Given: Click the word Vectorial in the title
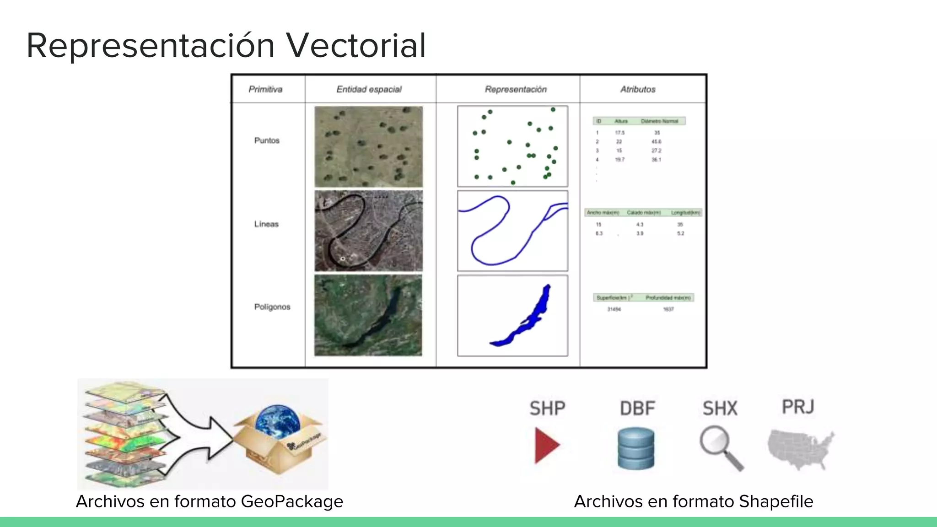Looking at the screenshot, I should pos(355,45).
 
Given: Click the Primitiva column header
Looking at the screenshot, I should pos(265,89).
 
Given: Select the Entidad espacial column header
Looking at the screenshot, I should pos(369,89).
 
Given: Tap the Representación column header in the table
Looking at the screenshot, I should pos(516,89).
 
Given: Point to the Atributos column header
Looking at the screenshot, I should pos(638,89).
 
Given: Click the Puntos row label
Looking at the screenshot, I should pos(267,140).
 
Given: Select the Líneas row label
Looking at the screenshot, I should pos(266,224).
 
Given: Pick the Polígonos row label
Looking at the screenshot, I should pos(272,307).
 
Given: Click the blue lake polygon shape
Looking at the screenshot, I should pos(531,320).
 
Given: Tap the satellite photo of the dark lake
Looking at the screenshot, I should pos(368,315).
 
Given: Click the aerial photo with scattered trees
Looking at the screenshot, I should pos(368,147).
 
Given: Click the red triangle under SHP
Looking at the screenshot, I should pos(546,445).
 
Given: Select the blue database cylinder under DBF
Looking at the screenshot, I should pos(635,448).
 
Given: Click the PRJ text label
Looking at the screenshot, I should pos(798,407).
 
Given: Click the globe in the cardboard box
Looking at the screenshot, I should pos(277,421).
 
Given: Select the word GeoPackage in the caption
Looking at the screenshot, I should pos(292,502).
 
